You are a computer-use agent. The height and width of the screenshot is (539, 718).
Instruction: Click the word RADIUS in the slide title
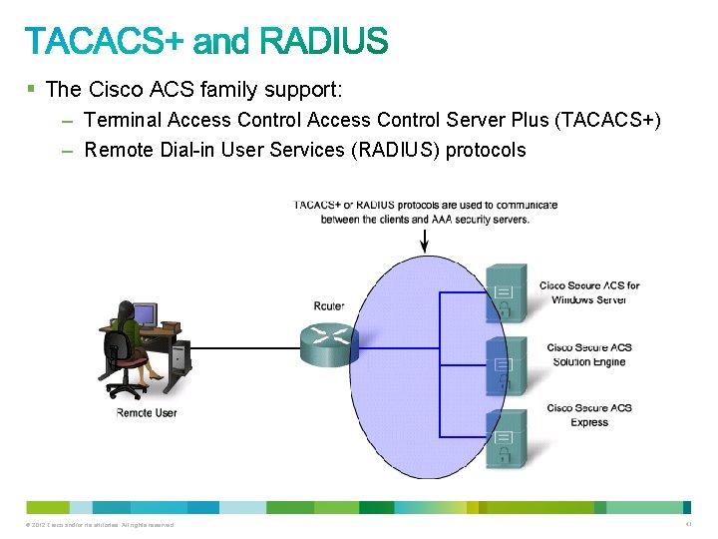pyautogui.click(x=324, y=42)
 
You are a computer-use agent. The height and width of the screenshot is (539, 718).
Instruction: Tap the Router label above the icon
pyautogui.click(x=329, y=305)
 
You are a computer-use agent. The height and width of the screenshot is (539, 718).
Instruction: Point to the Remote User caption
pyautogui.click(x=147, y=412)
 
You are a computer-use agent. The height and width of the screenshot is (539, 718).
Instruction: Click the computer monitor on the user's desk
pyautogui.click(x=145, y=315)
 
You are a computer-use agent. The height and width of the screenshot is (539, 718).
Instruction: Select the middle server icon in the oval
pyautogui.click(x=506, y=364)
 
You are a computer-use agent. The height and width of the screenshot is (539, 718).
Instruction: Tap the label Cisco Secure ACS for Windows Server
pyautogui.click(x=589, y=292)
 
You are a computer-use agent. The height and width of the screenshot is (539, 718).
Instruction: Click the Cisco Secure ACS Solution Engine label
pyautogui.click(x=589, y=354)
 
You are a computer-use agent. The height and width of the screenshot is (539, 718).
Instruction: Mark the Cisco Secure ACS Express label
pyautogui.click(x=589, y=414)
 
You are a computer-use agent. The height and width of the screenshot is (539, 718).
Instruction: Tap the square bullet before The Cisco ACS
pyautogui.click(x=31, y=89)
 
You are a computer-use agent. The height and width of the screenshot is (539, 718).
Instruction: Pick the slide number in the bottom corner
pyautogui.click(x=688, y=524)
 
